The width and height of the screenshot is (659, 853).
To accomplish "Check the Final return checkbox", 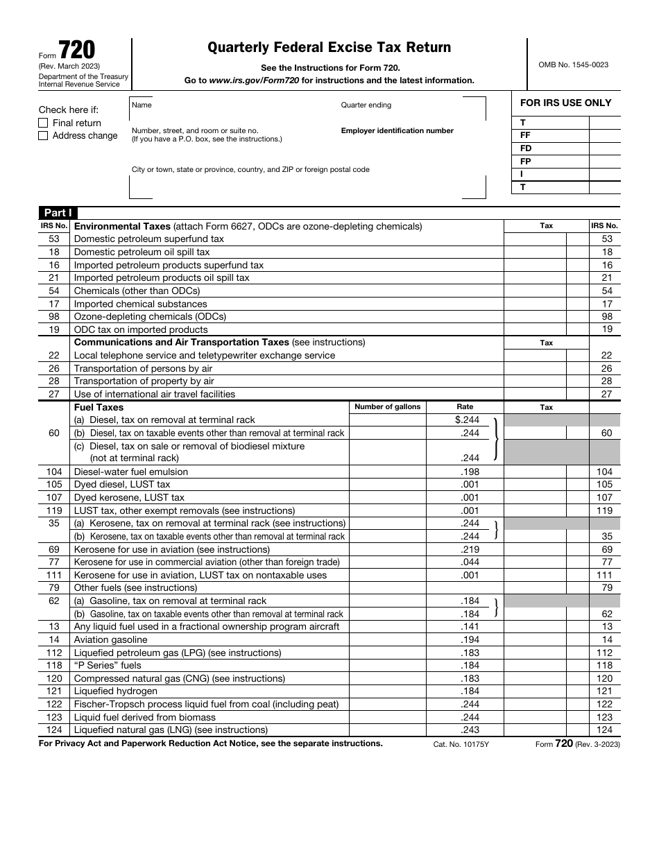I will (43, 123).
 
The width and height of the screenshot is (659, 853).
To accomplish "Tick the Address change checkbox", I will (43, 136).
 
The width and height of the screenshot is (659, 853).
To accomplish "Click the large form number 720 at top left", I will (77, 50).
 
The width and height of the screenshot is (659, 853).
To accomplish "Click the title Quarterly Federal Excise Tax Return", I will (329, 47).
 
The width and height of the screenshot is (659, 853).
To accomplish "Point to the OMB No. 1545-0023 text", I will (573, 64).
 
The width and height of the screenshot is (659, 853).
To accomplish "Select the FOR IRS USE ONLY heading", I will (565, 103).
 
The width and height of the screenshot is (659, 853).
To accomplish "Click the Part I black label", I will (56, 213).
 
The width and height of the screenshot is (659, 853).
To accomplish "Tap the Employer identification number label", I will (397, 130).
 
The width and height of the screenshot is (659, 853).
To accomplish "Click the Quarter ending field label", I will (366, 105).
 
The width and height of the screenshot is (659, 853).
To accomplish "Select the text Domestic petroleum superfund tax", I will (149, 239).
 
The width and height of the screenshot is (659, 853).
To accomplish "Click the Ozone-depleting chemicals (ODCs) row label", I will (150, 316).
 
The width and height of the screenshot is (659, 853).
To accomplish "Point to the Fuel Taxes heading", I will (99, 407).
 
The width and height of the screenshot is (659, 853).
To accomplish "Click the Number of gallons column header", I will (387, 407).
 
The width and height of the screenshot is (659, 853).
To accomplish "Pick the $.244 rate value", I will (467, 420).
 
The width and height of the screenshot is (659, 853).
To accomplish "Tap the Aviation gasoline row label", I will (110, 639).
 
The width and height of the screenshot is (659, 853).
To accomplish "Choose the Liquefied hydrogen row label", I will (115, 691).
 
